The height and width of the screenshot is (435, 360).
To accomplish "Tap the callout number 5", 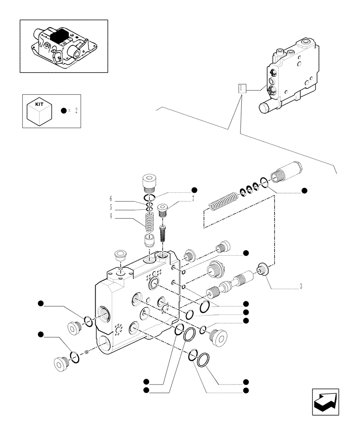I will (111, 207).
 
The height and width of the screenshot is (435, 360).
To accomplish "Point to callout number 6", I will (111, 199).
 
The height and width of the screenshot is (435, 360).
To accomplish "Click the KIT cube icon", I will (39, 112).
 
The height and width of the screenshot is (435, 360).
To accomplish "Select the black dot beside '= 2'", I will (63, 111).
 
